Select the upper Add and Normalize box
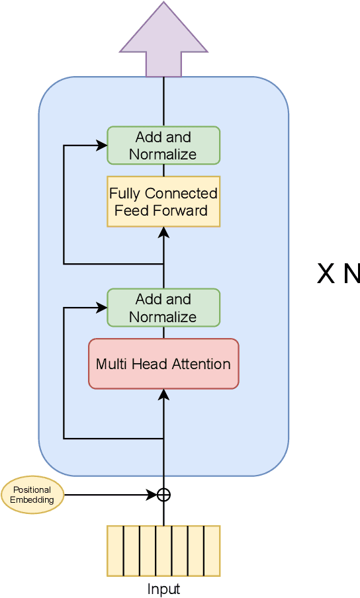point(163,146)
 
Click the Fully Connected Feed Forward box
point(163,202)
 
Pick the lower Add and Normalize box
point(163,308)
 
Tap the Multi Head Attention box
point(163,364)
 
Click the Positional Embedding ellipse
point(32,495)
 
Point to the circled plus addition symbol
point(163,495)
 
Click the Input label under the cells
point(163,589)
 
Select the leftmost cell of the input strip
point(115,550)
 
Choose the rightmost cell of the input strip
point(212,550)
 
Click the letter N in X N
point(350,274)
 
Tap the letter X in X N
point(326,274)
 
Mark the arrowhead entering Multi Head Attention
point(163,394)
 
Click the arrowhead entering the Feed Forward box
point(163,232)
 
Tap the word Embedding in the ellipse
point(32,500)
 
